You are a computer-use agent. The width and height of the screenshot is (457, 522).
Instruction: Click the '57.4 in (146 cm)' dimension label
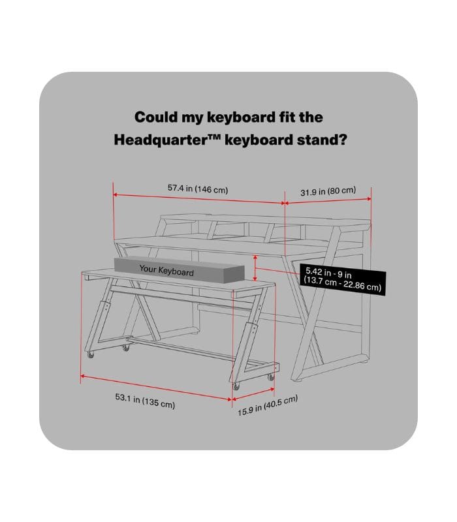tap(197, 189)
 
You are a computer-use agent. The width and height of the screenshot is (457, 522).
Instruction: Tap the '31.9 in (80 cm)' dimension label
tap(328, 191)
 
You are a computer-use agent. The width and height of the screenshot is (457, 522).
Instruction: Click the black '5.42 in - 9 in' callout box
tap(342, 278)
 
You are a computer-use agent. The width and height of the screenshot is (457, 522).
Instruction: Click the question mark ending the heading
tap(341, 139)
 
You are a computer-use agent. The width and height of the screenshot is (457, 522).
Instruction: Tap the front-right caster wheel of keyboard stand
tap(236, 387)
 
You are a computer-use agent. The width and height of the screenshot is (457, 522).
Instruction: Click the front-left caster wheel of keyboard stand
tap(90, 355)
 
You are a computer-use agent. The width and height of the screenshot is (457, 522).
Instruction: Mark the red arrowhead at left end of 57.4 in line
tap(116, 194)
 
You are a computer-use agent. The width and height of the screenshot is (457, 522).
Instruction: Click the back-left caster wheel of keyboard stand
tap(125, 348)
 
